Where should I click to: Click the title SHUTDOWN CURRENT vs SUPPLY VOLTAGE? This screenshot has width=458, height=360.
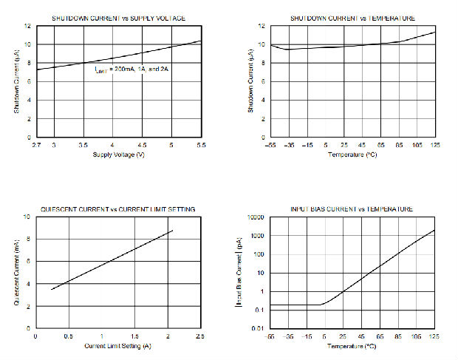[117, 18]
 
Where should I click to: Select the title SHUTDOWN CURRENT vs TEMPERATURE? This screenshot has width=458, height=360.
[352, 18]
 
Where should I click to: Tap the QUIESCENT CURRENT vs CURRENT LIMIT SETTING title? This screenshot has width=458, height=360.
[117, 209]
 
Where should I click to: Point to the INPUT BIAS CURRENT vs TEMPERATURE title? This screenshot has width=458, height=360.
[352, 209]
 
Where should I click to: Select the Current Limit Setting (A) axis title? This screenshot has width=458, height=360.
[118, 346]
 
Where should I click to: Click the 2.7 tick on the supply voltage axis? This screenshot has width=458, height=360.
[36, 146]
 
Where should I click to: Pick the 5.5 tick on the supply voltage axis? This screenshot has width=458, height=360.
[200, 146]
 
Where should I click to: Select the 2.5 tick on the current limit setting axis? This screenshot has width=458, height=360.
[200, 337]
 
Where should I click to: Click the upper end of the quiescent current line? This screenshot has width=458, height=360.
[173, 231]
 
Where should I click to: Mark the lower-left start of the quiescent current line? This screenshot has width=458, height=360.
[51, 289]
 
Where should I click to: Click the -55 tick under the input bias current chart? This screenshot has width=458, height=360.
[271, 337]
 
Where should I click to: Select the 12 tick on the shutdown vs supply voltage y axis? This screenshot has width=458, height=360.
[27, 26]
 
